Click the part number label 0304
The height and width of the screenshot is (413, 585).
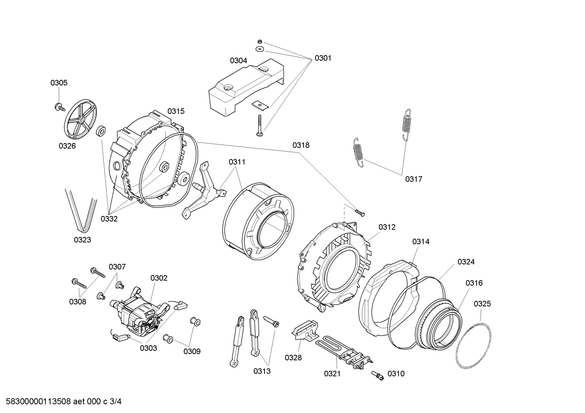pyautogui.click(x=238, y=61)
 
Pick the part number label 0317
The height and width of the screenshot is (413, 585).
pyautogui.click(x=413, y=179)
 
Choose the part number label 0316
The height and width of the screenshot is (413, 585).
pyautogui.click(x=474, y=283)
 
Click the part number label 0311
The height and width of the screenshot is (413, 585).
pyautogui.click(x=237, y=162)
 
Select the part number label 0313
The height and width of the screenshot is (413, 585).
pyautogui.click(x=262, y=371)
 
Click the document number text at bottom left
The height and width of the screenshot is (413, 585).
pyautogui.click(x=61, y=402)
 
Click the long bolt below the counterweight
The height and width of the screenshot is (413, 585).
pyautogui.click(x=259, y=125)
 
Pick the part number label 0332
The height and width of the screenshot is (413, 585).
pyautogui.click(x=109, y=219)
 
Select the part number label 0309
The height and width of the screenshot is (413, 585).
pyautogui.click(x=191, y=351)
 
